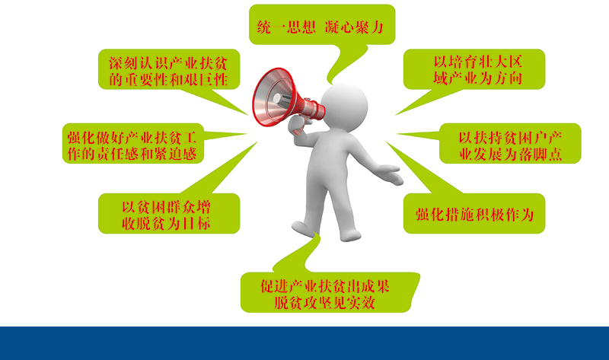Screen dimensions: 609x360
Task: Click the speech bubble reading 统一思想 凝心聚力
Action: click(322, 24)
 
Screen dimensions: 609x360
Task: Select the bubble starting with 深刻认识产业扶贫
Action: click(169, 69)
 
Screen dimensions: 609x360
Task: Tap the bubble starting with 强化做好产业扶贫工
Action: click(132, 143)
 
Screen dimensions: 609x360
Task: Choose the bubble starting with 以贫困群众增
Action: click(169, 213)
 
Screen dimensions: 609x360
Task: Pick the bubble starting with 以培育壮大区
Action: click(474, 69)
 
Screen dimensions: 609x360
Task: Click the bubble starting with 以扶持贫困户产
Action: click(510, 143)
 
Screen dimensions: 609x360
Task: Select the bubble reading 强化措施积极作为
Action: click(474, 213)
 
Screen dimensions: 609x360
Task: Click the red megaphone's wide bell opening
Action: click(272, 97)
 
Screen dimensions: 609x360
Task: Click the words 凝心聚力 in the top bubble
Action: click(354, 27)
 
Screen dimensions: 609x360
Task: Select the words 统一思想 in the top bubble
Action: click(286, 27)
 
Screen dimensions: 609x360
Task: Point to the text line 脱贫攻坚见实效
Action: click(325, 302)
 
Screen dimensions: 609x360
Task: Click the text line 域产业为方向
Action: click(478, 78)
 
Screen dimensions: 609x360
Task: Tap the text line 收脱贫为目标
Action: click(166, 223)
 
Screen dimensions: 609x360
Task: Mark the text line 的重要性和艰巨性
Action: click(168, 80)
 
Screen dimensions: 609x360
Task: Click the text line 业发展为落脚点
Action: click(510, 155)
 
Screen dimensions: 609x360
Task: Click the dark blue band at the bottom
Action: click(304, 343)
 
